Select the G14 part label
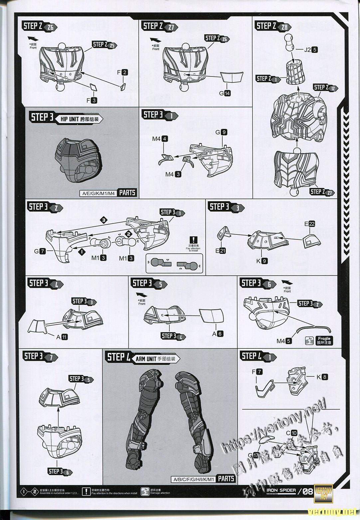click(x=225, y=93)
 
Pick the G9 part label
click(x=221, y=132)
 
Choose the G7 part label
click(x=40, y=251)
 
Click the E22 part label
click(x=309, y=224)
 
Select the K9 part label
click(x=262, y=261)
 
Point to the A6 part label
click(x=217, y=334)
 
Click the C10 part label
click(x=291, y=433)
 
